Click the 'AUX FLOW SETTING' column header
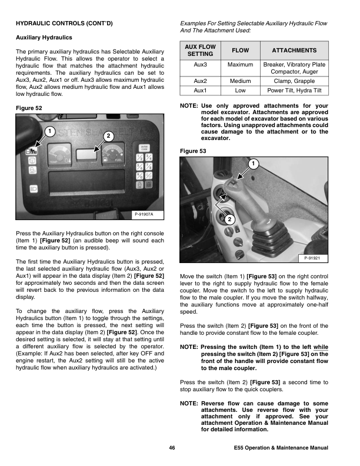pyautogui.click(x=200, y=51)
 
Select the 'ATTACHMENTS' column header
pyautogui.click(x=294, y=51)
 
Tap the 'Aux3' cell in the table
pyautogui.click(x=200, y=64)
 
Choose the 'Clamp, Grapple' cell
pyautogui.click(x=294, y=81)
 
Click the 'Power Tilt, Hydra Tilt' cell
pyautogui.click(x=294, y=91)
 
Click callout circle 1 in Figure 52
pyautogui.click(x=51, y=129)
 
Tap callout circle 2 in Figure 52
pyautogui.click(x=108, y=137)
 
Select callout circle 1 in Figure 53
pyautogui.click(x=252, y=162)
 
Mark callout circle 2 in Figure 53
pyautogui.click(x=228, y=219)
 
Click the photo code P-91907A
pyautogui.click(x=144, y=214)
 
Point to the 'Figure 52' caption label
pyautogui.click(x=30, y=108)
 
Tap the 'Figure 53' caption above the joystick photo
pyautogui.click(x=195, y=151)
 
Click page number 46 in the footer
pyautogui.click(x=172, y=449)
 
